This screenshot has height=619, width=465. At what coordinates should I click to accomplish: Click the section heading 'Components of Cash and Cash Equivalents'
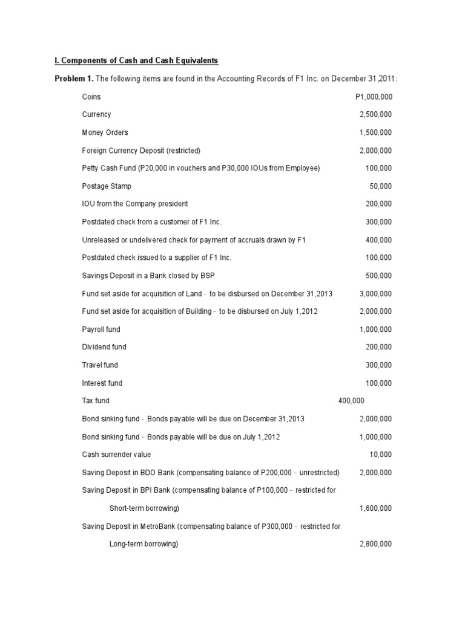137,60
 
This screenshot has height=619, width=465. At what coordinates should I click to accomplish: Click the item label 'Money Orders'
105,132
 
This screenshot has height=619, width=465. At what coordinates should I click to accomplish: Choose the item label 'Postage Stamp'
107,186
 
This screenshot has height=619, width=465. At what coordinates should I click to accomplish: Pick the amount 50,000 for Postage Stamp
380,186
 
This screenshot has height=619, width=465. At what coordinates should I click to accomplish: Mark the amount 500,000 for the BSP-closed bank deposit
378,276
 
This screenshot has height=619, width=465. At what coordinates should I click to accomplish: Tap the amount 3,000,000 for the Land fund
375,294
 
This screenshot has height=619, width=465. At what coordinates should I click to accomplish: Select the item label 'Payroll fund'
101,329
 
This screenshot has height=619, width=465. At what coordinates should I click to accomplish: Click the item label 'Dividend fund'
104,347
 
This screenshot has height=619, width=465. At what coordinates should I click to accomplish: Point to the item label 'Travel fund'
100,365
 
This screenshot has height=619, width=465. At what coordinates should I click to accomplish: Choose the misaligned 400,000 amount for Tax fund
351,401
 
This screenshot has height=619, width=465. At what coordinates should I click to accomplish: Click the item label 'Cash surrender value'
116,455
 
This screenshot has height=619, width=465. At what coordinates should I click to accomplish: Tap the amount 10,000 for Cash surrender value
380,455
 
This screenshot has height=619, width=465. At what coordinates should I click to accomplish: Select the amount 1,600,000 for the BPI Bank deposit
375,508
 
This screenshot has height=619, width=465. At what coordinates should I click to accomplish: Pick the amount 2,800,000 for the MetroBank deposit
375,544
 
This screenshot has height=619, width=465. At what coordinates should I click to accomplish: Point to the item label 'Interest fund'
102,383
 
